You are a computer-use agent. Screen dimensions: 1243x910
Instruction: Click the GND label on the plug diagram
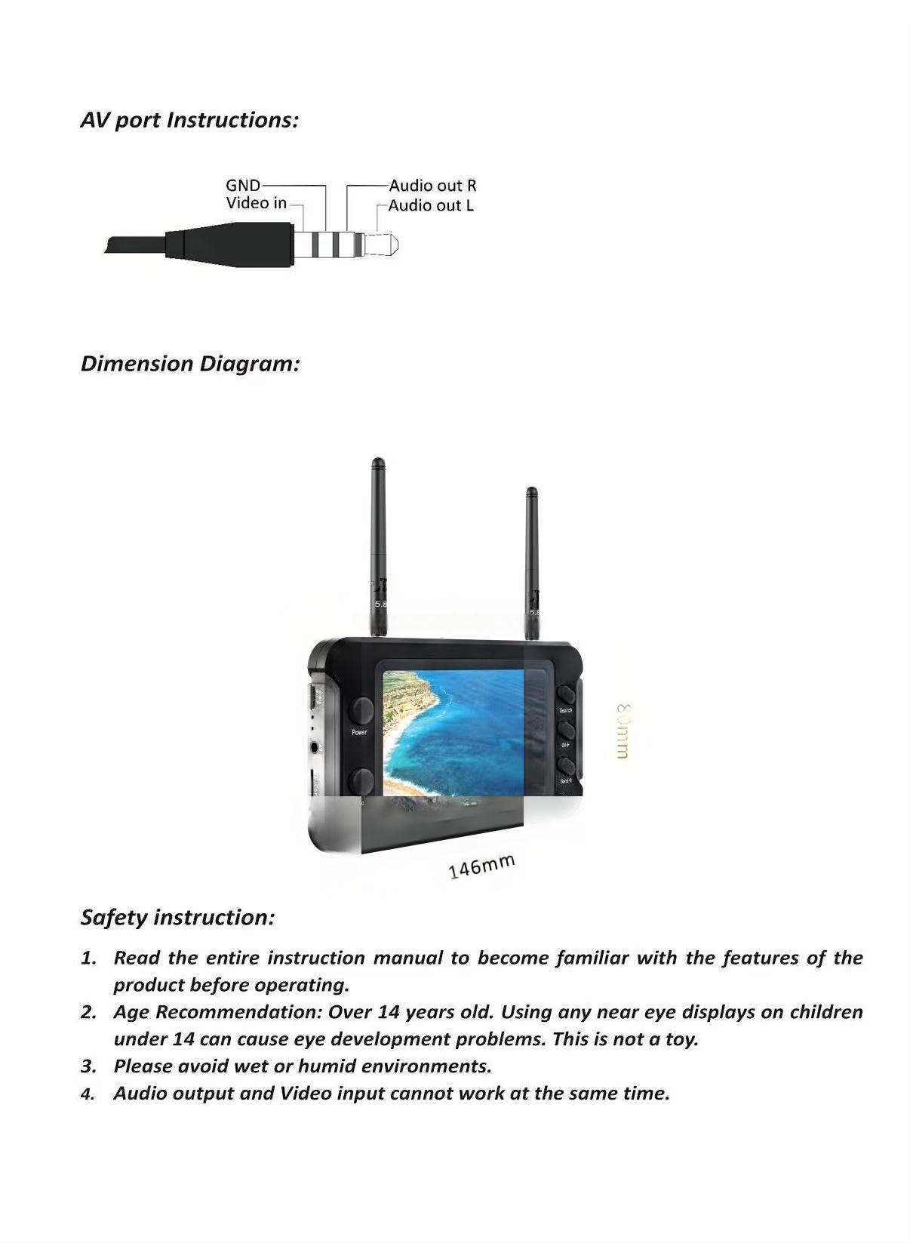[x=242, y=185]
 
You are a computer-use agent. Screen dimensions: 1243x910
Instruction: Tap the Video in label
[x=256, y=203]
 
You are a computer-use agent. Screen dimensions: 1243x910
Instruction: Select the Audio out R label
[x=432, y=186]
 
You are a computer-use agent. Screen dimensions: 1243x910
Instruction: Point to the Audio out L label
[x=431, y=205]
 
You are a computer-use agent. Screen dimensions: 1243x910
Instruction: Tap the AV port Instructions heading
[x=189, y=120]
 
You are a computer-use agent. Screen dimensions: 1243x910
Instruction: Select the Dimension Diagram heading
[x=190, y=364]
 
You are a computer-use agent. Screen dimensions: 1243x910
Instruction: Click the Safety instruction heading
[x=177, y=918]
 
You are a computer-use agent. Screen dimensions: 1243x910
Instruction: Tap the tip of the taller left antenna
[x=378, y=463]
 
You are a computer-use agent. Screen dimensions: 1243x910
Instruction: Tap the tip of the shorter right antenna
[x=531, y=492]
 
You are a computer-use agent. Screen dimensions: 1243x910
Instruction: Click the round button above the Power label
[x=361, y=709]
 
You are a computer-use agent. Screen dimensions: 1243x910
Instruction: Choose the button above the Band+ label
[x=565, y=765]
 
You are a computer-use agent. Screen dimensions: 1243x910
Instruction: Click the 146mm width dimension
[x=481, y=866]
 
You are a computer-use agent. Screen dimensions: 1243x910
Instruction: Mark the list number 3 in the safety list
[x=88, y=1066]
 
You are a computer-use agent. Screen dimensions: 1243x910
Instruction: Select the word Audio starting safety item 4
[x=140, y=1094]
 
